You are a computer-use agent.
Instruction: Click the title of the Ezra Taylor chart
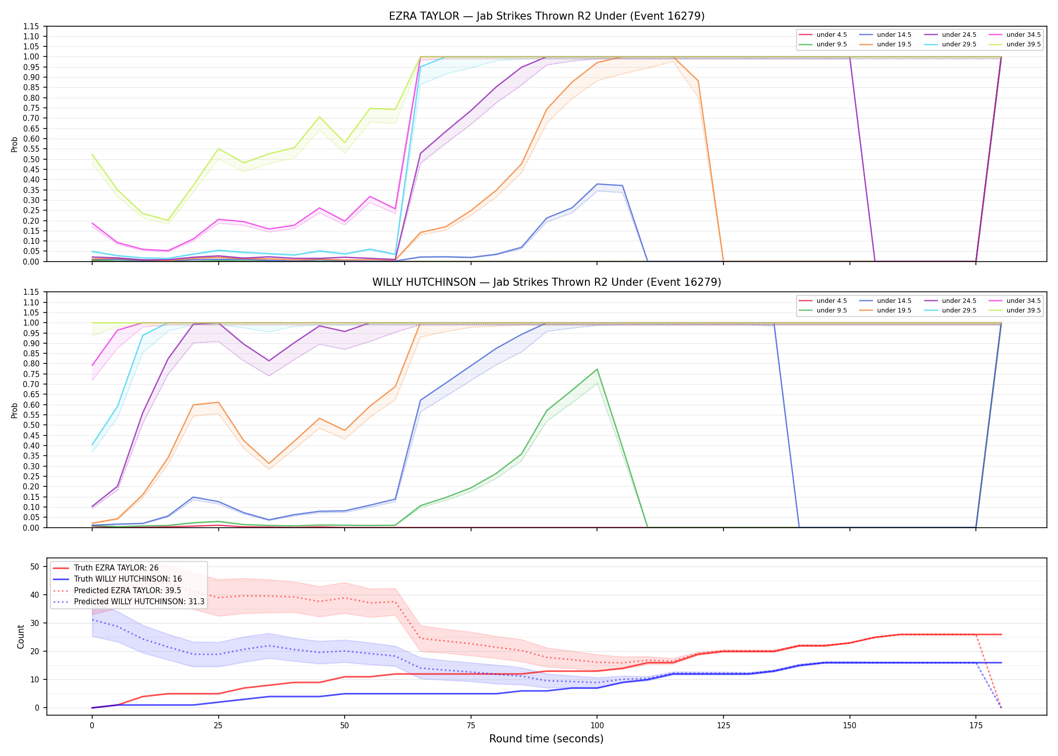547,16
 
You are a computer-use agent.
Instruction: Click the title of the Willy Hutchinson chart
547,282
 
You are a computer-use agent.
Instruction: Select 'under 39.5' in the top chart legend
1023,44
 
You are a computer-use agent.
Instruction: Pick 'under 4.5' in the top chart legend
831,35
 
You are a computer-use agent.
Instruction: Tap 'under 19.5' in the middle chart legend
894,310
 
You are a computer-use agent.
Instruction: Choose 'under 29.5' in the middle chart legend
959,310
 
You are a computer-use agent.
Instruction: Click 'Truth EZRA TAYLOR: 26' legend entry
116,568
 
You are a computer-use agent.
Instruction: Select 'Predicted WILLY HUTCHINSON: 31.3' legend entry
139,602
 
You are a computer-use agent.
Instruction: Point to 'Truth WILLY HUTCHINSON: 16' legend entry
127,579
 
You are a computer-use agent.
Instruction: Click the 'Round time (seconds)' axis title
547,739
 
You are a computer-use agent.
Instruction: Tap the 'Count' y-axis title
21,637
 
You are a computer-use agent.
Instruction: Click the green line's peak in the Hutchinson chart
597,369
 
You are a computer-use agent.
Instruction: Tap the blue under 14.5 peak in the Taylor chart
597,184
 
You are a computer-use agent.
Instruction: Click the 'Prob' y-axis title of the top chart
15,145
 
